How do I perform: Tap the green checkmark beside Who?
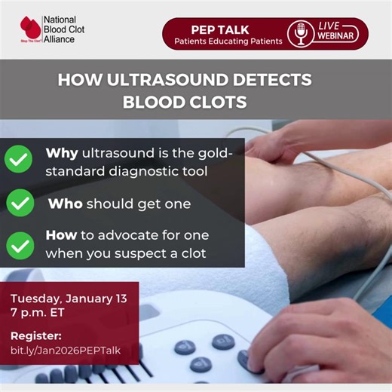[x=20, y=204]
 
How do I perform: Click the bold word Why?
[x=62, y=154]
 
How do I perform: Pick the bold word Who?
[x=65, y=204]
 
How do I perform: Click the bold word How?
[x=61, y=235]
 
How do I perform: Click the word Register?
[x=35, y=336]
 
